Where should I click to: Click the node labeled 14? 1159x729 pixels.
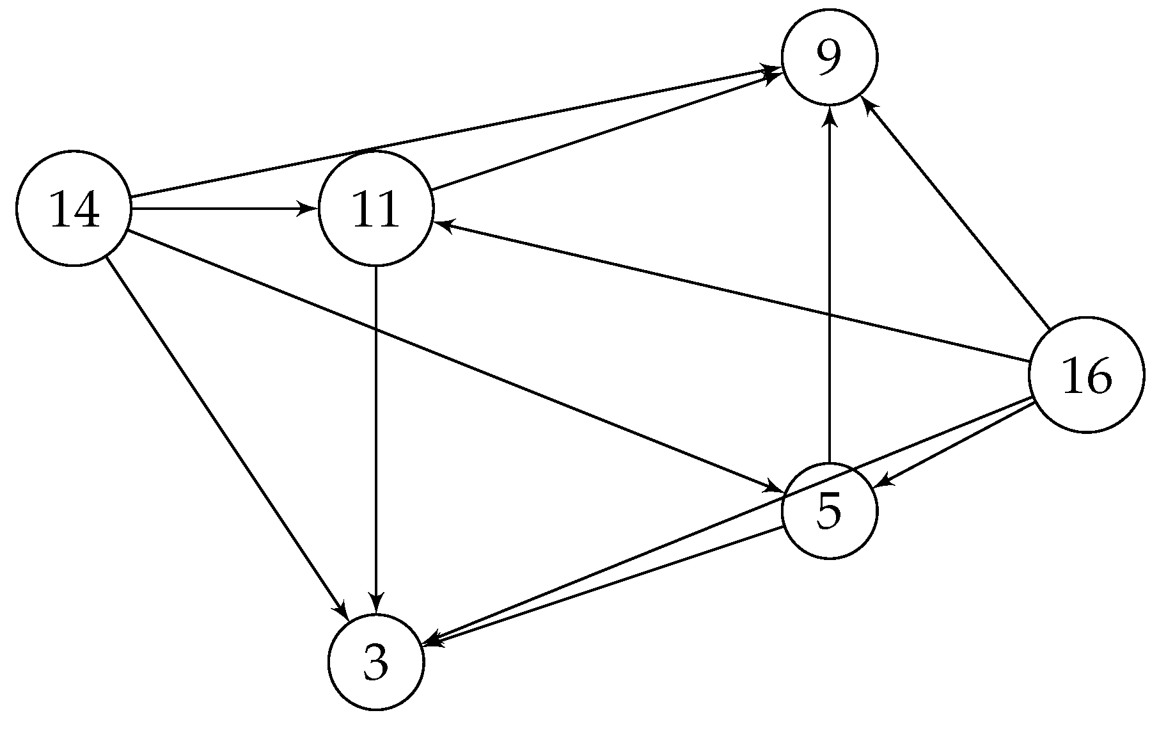[x=74, y=208]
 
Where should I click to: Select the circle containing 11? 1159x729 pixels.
[x=375, y=208]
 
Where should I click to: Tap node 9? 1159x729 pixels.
[x=830, y=57]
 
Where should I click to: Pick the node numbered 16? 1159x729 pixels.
[x=1086, y=376]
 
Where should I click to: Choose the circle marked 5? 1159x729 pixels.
[x=830, y=511]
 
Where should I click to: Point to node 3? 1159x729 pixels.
[x=375, y=662]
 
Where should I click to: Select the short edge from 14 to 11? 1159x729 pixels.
[x=217, y=208]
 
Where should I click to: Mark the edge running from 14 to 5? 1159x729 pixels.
[x=448, y=359]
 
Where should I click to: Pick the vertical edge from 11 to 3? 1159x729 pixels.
[x=375, y=435]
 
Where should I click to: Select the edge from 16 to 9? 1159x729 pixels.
[x=956, y=214]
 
